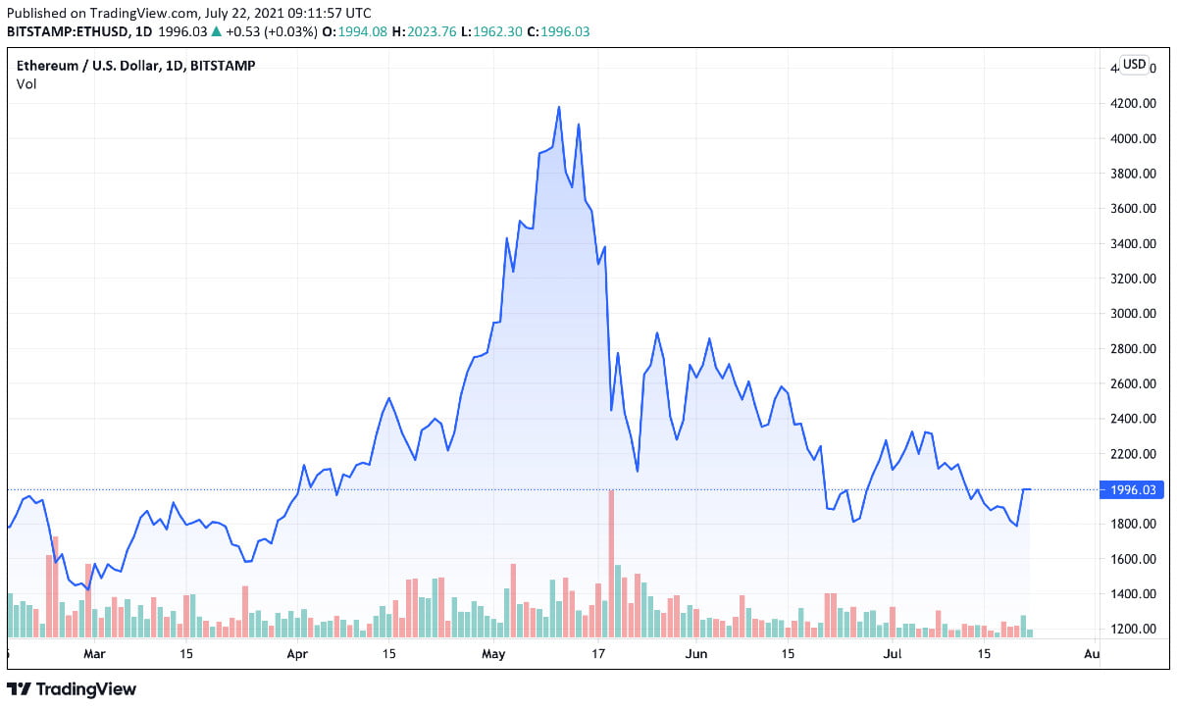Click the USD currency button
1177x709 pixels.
coord(1134,65)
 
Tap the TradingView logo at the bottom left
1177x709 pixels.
coord(73,689)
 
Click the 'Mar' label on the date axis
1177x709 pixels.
coord(94,653)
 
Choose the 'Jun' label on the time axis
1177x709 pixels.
coord(695,653)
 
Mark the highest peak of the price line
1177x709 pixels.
coord(559,107)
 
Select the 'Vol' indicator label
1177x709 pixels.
coord(26,84)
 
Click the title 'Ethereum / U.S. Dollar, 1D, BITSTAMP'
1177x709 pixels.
coord(136,66)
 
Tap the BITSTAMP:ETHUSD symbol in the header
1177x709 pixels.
coord(66,31)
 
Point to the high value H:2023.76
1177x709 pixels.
coord(425,31)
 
